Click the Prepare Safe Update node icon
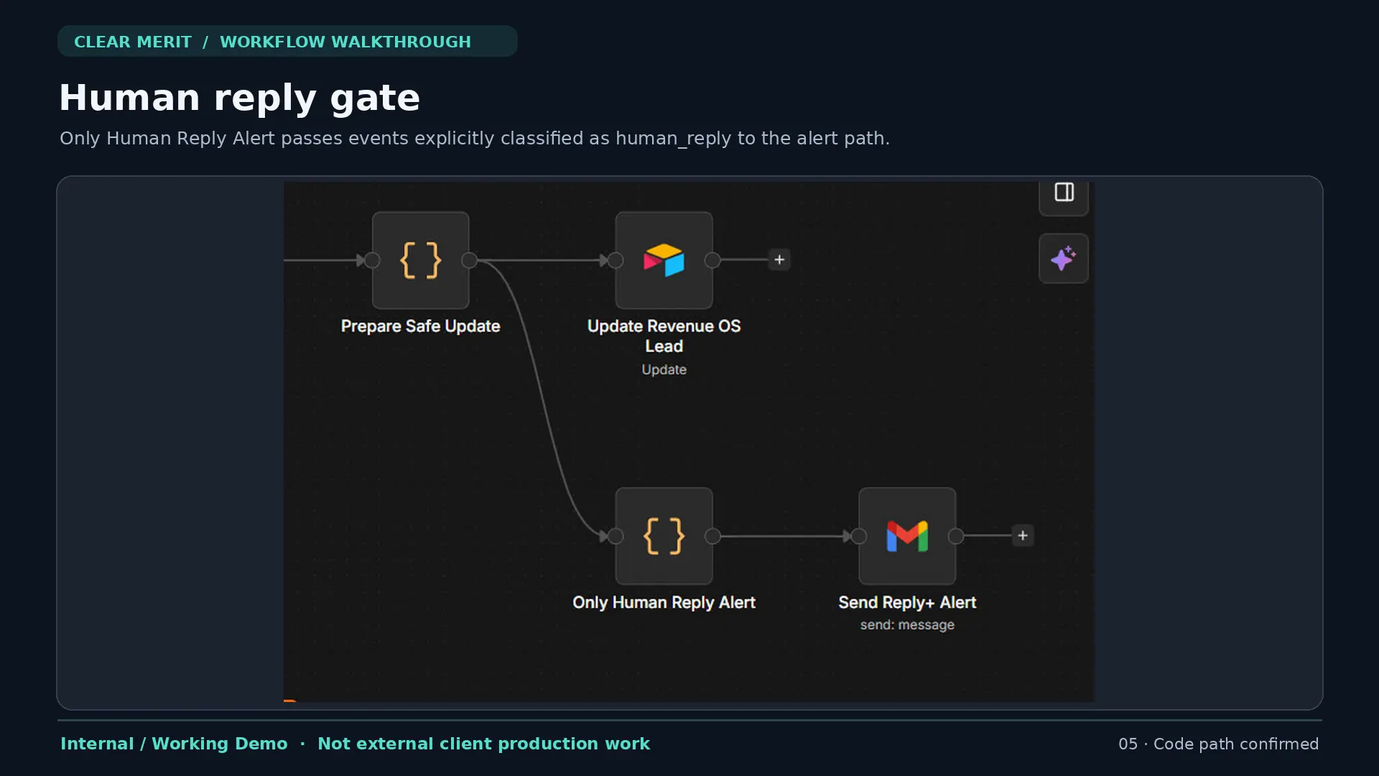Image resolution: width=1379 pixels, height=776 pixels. click(x=420, y=260)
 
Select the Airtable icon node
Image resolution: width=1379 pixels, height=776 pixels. click(x=664, y=260)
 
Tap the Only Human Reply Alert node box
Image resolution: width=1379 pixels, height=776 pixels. click(x=664, y=536)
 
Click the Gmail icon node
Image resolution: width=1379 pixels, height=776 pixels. click(x=907, y=536)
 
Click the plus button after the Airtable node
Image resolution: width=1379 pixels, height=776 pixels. click(x=779, y=259)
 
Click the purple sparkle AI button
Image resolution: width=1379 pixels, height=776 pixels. click(x=1064, y=258)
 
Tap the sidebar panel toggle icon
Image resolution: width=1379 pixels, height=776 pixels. click(x=1064, y=193)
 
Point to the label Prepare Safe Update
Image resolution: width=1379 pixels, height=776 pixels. click(x=420, y=326)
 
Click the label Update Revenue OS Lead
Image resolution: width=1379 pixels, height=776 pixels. click(x=664, y=336)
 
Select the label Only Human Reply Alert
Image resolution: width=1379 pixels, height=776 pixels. click(x=664, y=602)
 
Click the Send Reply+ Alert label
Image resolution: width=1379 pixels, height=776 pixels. click(x=907, y=602)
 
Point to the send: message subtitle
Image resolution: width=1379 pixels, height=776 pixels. click(x=907, y=625)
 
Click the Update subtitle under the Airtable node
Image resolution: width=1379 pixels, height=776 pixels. click(x=664, y=369)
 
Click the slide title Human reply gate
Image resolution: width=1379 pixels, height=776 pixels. click(x=239, y=98)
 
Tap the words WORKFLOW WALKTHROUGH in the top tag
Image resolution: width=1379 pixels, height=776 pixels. click(x=345, y=42)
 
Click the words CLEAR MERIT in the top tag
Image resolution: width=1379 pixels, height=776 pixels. click(x=133, y=42)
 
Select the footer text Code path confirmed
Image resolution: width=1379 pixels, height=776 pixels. click(x=1236, y=744)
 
